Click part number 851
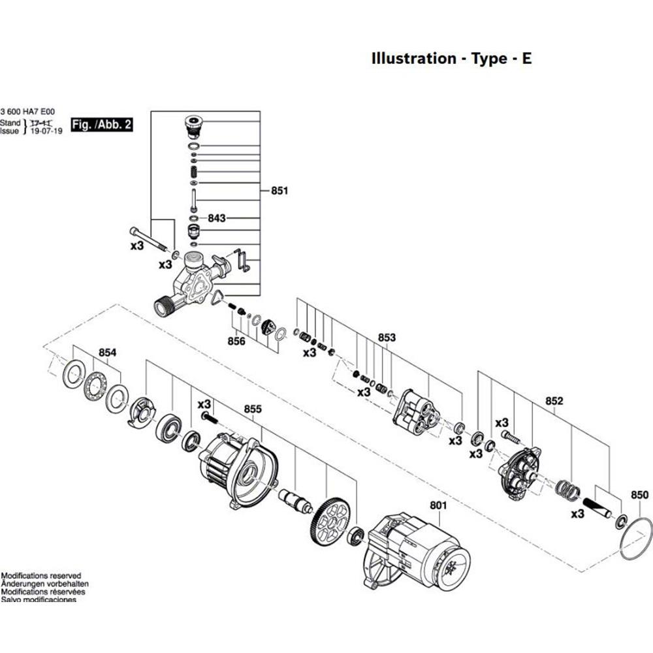[279, 191]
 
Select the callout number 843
[216, 217]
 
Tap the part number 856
[236, 341]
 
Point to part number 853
[387, 338]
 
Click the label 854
[107, 353]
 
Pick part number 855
[253, 409]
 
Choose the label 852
[554, 401]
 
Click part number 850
[640, 495]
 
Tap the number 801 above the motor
[437, 504]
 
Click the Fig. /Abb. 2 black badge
[102, 125]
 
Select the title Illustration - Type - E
[451, 58]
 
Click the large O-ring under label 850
[636, 538]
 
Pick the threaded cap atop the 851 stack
[193, 124]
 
